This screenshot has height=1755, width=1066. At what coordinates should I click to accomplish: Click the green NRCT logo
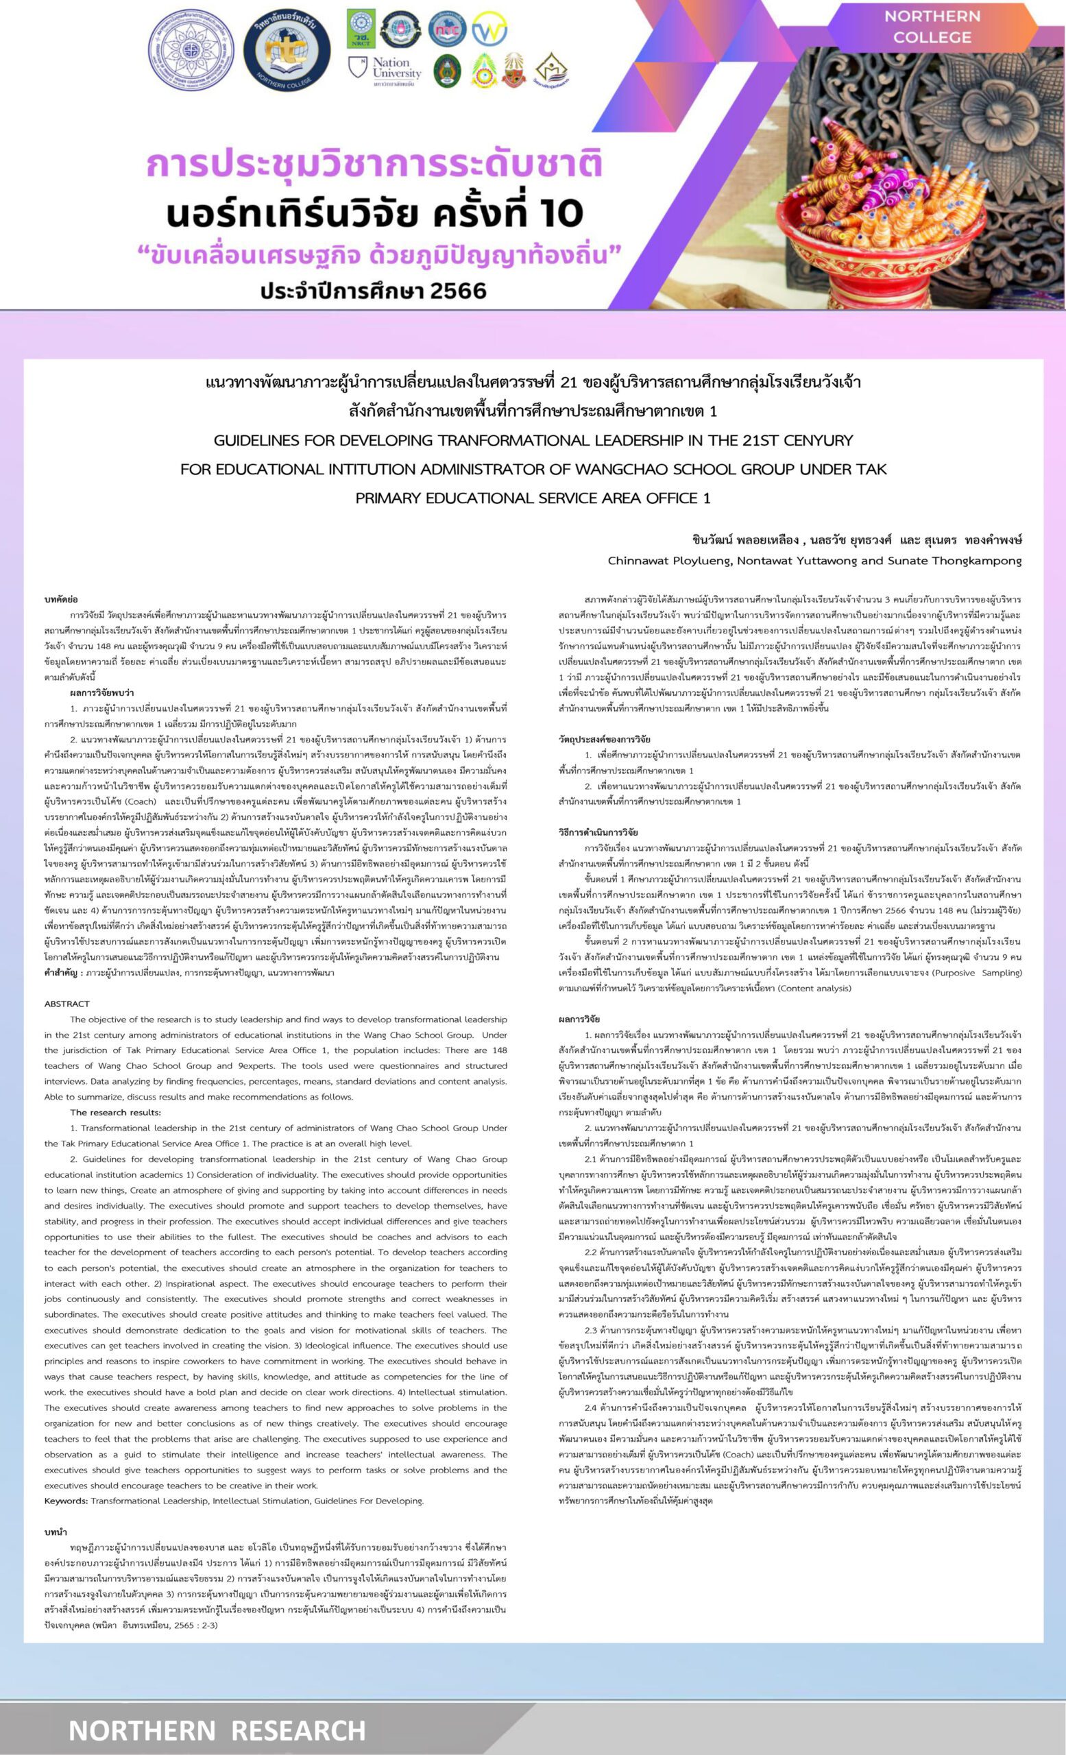click(361, 29)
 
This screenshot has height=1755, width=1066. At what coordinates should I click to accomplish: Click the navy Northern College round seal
click(287, 51)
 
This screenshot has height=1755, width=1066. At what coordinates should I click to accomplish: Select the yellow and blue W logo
click(489, 29)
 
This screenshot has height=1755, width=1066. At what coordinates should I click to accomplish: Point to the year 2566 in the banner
click(451, 291)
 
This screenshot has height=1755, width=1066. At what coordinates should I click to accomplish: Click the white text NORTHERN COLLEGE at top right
click(932, 26)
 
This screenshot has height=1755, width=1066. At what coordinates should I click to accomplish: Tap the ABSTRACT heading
click(67, 1004)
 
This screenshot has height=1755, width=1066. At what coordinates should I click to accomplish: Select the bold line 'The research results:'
click(115, 1113)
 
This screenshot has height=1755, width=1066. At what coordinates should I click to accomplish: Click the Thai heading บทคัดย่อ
click(61, 600)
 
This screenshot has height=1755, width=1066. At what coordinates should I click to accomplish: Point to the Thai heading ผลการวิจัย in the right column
click(579, 1019)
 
